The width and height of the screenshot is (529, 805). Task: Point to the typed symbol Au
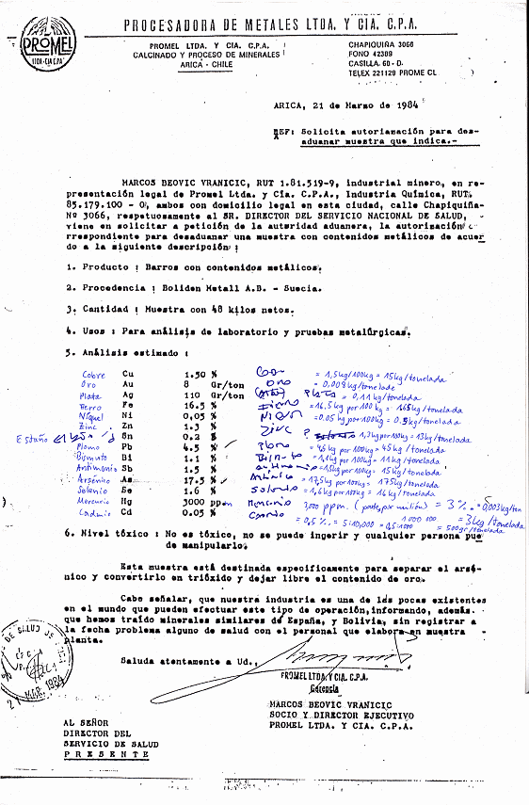143,384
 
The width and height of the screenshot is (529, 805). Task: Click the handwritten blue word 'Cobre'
95,375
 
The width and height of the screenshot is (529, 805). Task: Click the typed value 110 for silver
193,395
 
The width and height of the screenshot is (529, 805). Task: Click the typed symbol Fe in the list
143,407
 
